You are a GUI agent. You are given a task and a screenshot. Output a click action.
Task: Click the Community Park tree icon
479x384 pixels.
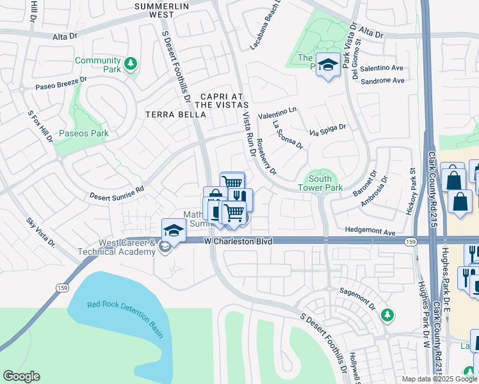(131, 63)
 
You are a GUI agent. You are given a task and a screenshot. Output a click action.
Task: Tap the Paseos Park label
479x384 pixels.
(83, 134)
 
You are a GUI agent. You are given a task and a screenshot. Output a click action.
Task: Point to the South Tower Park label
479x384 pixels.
(320, 183)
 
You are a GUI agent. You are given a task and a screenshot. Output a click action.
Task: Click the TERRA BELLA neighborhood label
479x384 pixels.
(176, 115)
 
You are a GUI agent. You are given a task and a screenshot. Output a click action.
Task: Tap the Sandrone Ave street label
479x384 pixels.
(382, 81)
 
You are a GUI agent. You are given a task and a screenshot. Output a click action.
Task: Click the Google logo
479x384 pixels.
(21, 376)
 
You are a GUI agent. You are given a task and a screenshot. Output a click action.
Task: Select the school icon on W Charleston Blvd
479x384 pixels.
(173, 230)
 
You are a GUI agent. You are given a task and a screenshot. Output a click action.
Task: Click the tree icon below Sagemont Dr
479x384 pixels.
(387, 314)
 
